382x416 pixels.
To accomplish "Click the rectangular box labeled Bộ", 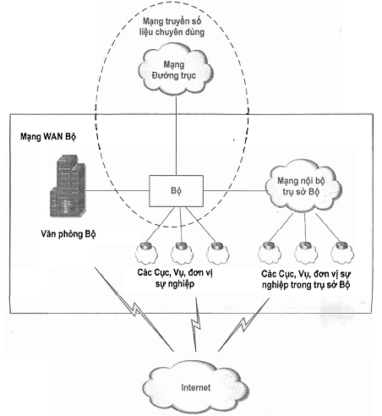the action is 176,191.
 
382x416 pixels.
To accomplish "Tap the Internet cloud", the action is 195,387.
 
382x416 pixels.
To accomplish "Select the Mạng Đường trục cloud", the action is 176,70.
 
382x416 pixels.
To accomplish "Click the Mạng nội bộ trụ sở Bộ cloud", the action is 303,186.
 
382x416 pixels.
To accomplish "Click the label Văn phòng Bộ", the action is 68,234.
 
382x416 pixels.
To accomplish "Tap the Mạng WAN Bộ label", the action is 48,137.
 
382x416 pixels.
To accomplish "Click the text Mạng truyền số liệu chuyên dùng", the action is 172,26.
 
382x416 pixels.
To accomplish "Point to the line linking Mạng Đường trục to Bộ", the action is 177,135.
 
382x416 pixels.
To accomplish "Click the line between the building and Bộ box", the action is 117,191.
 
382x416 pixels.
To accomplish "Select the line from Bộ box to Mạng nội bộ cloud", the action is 234,191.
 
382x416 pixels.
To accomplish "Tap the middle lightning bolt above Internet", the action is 196,324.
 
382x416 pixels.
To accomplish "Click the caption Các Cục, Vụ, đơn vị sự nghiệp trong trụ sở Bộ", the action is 306,279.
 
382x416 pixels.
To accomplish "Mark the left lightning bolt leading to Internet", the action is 134,309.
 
